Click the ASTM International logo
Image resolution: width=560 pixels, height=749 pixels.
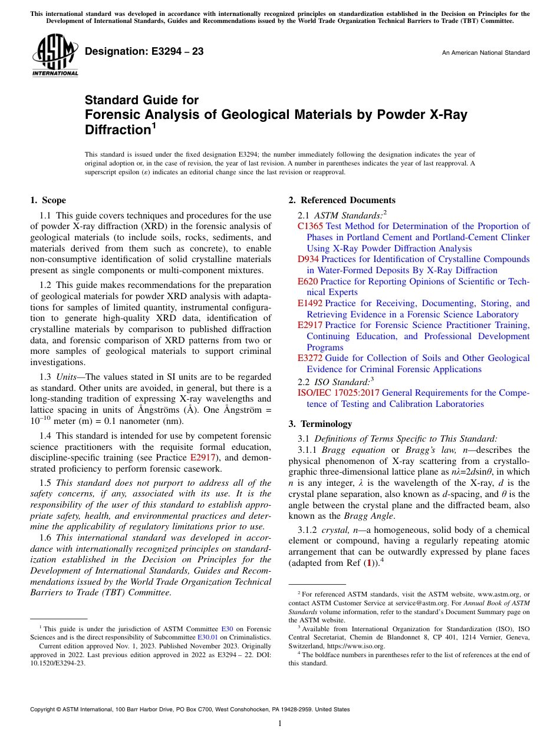(x=54, y=56)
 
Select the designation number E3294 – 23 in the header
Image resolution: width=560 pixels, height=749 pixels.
(x=144, y=52)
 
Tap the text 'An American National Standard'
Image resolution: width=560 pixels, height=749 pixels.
(x=485, y=53)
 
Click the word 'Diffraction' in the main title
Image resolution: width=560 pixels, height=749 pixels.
(x=116, y=130)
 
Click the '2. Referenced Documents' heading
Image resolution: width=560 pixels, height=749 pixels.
(x=341, y=200)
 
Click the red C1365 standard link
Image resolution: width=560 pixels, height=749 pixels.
(x=310, y=226)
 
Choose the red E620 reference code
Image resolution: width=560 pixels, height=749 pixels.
(x=307, y=281)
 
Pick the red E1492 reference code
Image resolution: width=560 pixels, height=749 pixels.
(x=310, y=303)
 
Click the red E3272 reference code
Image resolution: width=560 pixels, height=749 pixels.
(x=310, y=358)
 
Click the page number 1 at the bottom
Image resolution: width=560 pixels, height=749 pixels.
(x=280, y=724)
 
